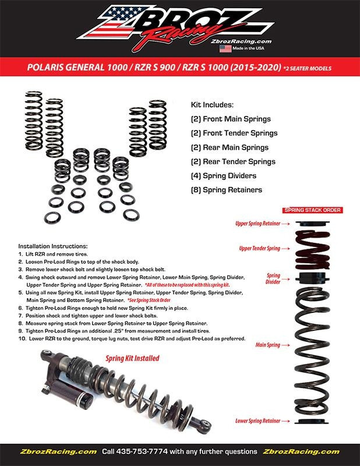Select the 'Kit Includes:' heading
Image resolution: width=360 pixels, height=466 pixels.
212,105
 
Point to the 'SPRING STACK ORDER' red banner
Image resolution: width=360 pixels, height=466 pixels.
312,210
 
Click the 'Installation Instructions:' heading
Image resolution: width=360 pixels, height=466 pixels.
53,246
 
